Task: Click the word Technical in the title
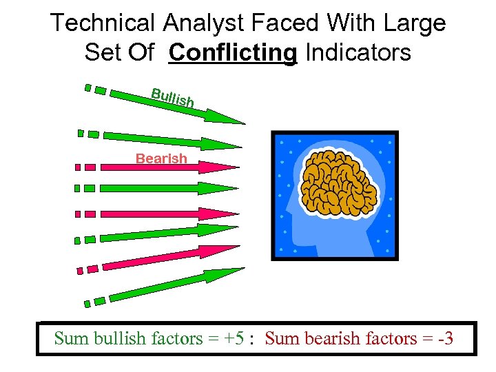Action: coord(103,23)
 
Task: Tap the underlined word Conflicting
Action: coord(233,52)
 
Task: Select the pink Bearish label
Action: coord(161,158)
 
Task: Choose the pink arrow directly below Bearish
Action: coord(165,167)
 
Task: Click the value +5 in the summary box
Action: coord(234,338)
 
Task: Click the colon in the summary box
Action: coord(253,340)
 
